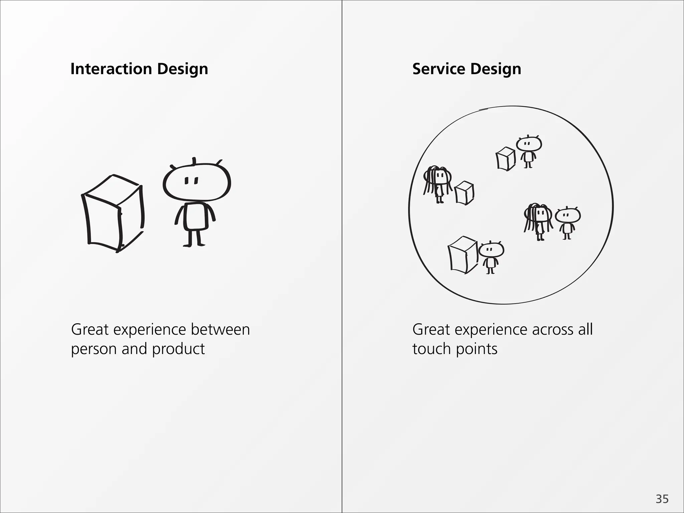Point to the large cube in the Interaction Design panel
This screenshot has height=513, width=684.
point(113,214)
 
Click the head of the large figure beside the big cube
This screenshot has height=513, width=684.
point(197,182)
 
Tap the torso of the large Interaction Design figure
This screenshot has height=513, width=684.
point(195,216)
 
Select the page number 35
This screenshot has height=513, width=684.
point(662,499)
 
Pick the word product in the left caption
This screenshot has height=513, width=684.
point(178,349)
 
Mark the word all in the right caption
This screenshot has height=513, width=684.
point(585,329)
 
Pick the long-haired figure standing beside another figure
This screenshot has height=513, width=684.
point(538,220)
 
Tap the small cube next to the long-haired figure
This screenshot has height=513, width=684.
point(465,193)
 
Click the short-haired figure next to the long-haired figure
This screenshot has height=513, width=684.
point(567,222)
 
